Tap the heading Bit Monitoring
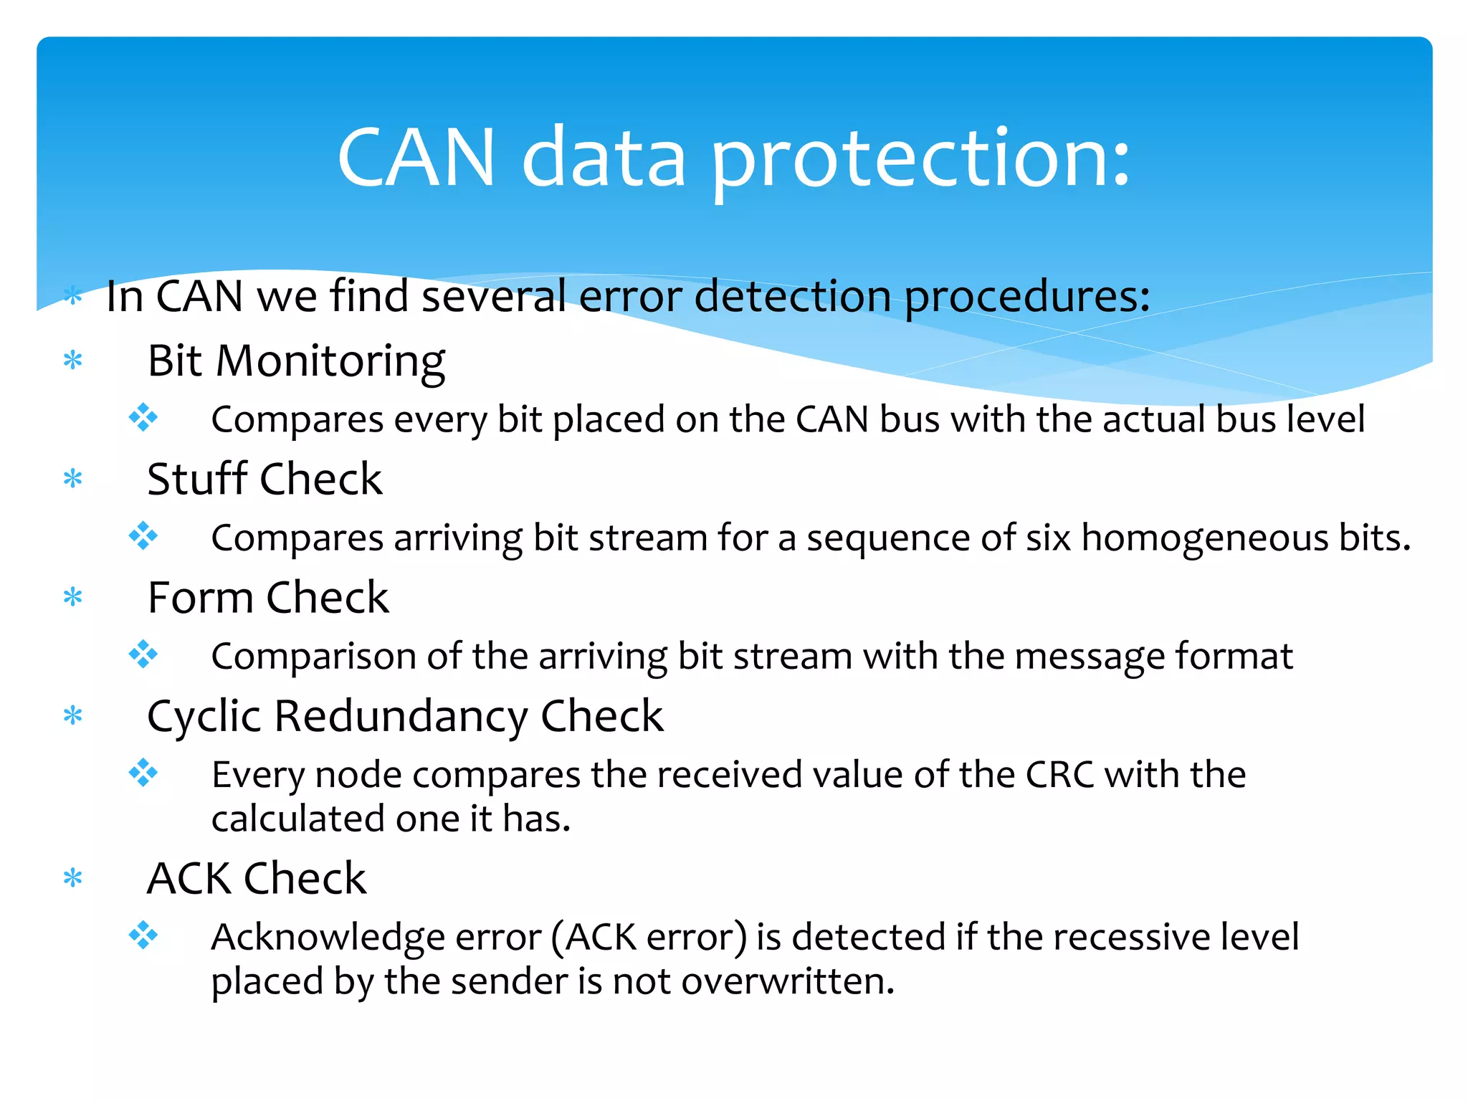pos(296,361)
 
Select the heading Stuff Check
pos(264,479)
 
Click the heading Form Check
pos(267,597)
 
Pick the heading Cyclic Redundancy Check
pos(405,716)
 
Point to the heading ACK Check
pos(257,878)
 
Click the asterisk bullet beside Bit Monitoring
pos(72,361)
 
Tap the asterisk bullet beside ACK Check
pos(72,878)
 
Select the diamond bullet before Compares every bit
pos(143,417)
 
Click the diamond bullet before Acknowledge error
pos(143,935)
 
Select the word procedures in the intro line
pos(1026,296)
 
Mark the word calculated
pos(297,819)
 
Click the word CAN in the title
pos(416,159)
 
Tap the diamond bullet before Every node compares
pos(143,773)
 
